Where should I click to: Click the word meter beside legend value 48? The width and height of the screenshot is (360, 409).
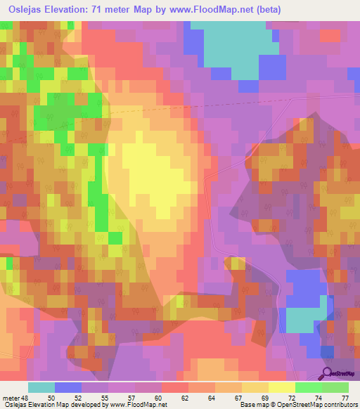(11, 398)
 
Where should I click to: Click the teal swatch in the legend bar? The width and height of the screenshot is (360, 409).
(41, 387)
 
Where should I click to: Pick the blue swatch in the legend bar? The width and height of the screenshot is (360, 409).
(68, 387)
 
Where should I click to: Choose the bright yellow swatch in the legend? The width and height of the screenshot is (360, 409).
(282, 387)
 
